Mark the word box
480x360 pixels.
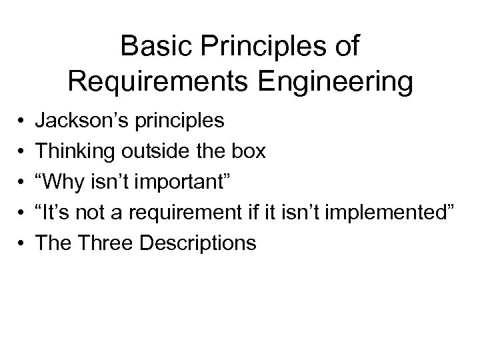tap(249, 152)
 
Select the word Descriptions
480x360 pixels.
tap(199, 243)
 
